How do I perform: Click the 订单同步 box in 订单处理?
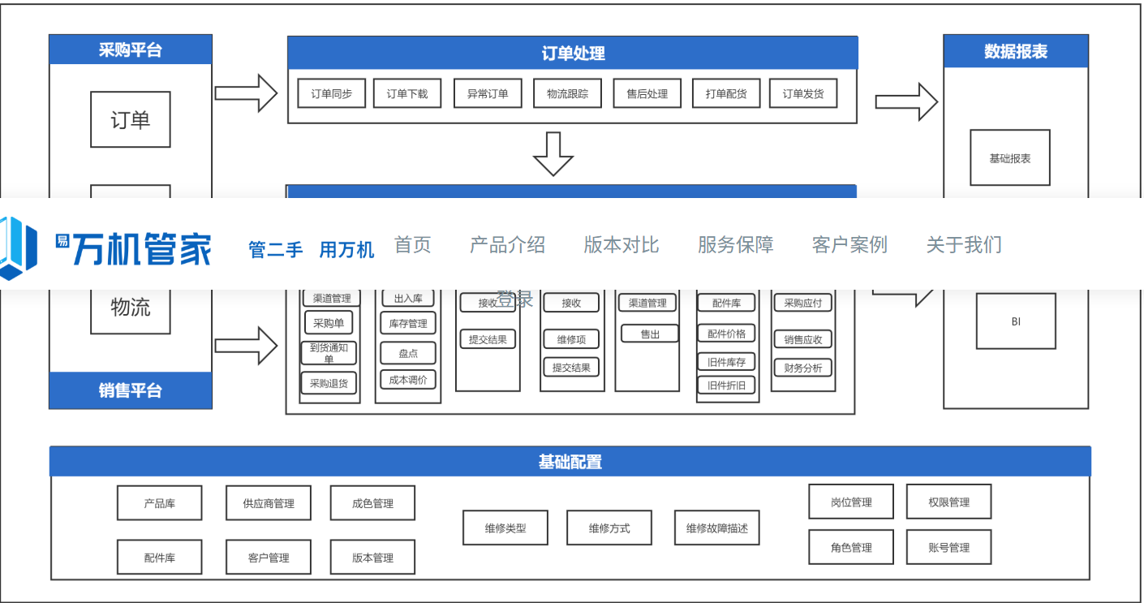[331, 93]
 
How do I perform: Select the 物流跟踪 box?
[567, 93]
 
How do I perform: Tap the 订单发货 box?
[802, 93]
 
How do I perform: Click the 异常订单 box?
[488, 93]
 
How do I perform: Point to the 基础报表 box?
[1009, 158]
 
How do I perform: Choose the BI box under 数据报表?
[1016, 321]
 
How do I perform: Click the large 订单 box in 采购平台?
[130, 120]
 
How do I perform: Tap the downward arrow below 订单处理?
[553, 153]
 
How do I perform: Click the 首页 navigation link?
[412, 244]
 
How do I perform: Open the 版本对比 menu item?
[621, 244]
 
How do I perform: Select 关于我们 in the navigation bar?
[963, 244]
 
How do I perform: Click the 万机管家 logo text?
[142, 248]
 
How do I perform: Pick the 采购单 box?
[329, 323]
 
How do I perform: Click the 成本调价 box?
[407, 379]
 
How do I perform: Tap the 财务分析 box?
[802, 368]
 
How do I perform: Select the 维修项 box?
[571, 339]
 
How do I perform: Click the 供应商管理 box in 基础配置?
[268, 503]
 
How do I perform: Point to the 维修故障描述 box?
[716, 528]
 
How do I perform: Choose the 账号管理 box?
[948, 548]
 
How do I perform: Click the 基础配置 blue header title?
[570, 462]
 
